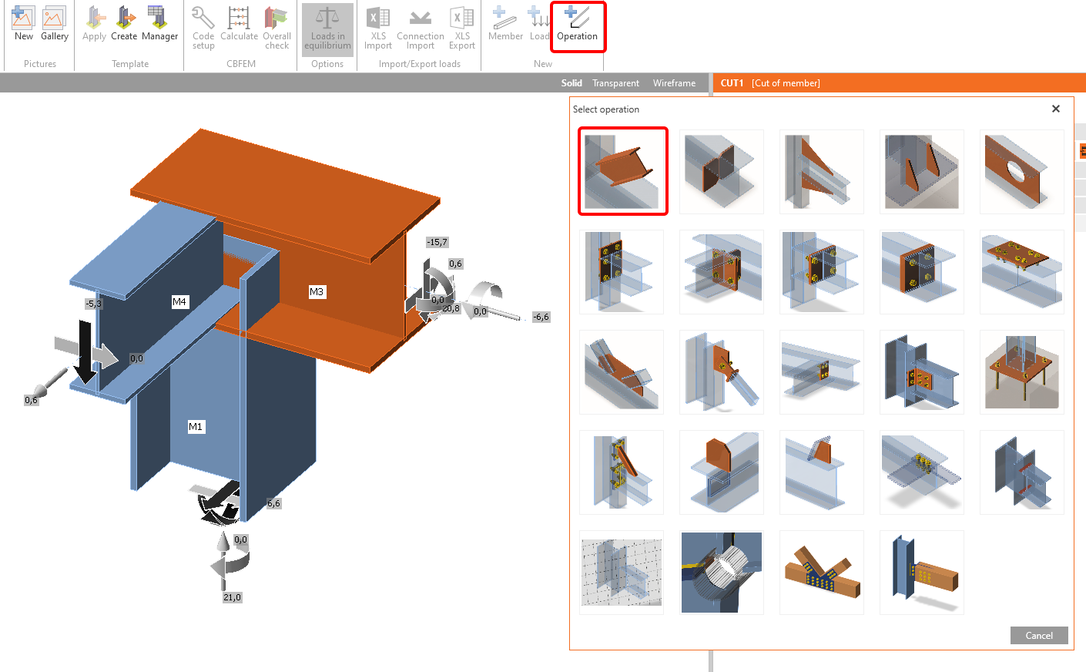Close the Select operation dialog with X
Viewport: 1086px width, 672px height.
[x=1056, y=109]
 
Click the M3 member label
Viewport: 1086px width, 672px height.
[x=317, y=291]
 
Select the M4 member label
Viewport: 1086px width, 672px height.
[x=179, y=301]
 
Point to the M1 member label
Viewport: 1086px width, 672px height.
[x=196, y=426]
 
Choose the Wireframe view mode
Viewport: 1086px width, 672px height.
[x=674, y=83]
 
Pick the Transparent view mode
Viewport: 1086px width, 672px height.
[x=615, y=83]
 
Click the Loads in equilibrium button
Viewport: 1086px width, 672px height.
[x=327, y=29]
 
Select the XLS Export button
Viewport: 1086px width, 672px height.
[x=462, y=29]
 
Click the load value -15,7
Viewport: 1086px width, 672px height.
[x=437, y=242]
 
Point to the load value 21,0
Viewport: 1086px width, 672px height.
[x=232, y=597]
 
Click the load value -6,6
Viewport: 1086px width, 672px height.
[x=541, y=317]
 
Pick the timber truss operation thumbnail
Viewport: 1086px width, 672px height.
[x=821, y=573]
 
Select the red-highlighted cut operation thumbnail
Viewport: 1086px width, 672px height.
[x=622, y=171]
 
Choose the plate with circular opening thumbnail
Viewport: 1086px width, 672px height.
[x=1021, y=171]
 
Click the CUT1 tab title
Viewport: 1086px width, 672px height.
[x=732, y=83]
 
